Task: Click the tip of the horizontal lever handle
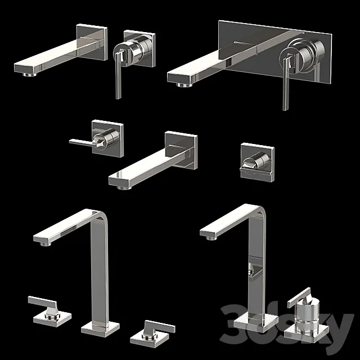pyautogui.click(x=71, y=142)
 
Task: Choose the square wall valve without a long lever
pyautogui.click(x=258, y=161)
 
